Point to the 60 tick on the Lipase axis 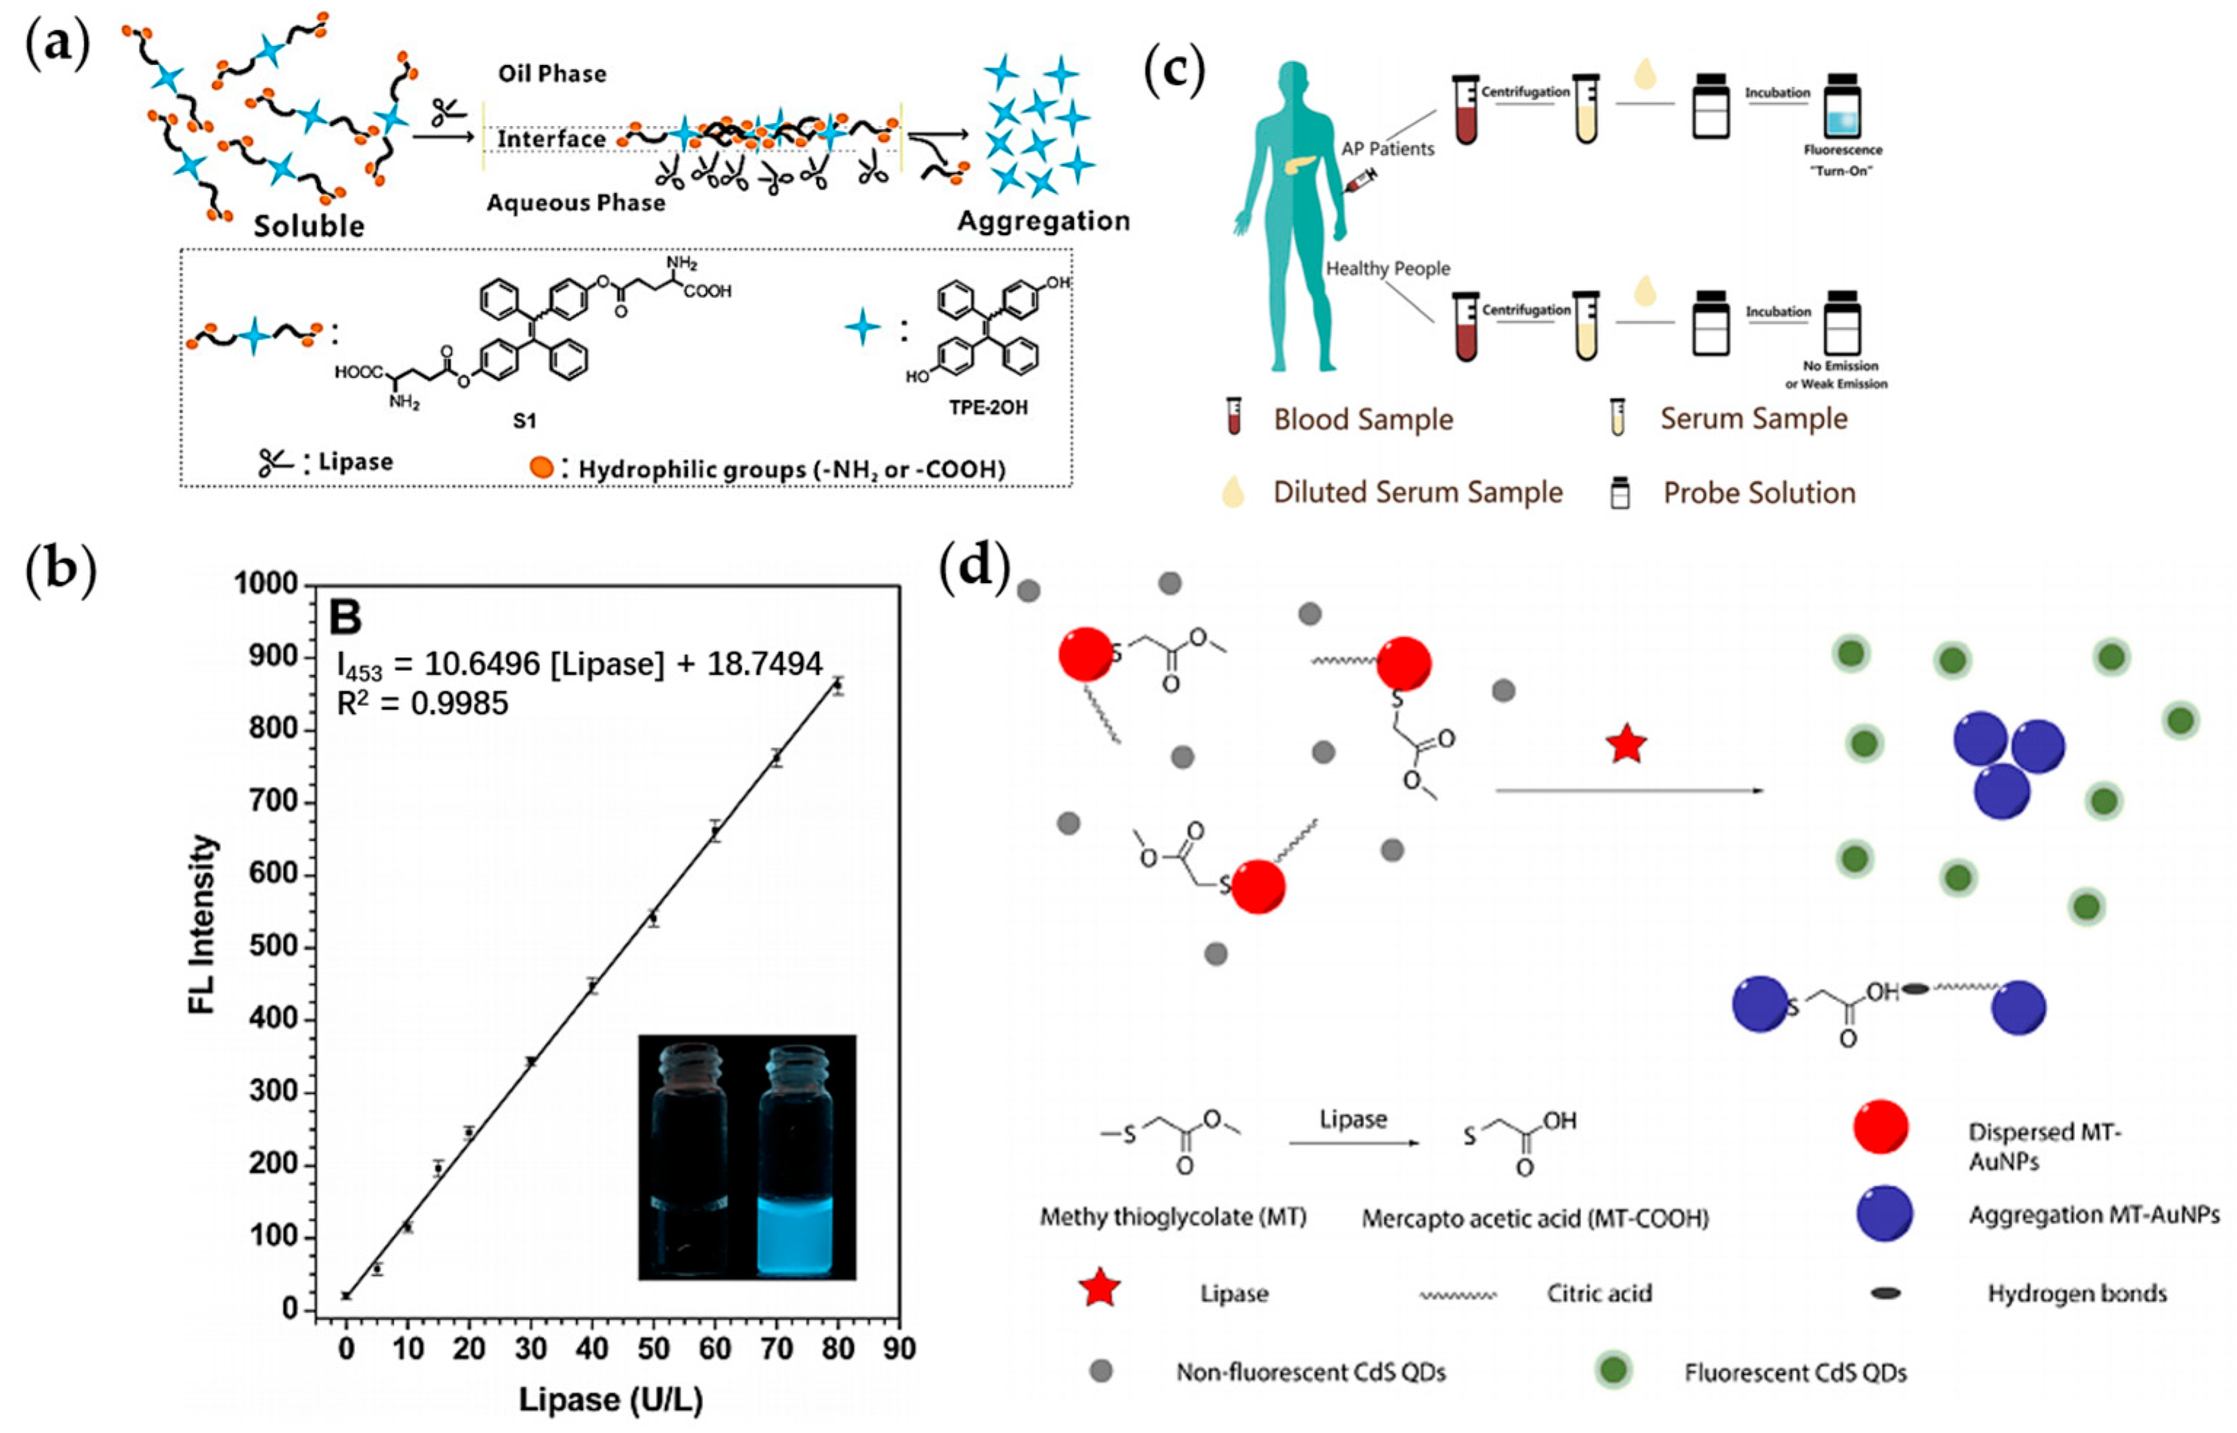click(715, 1349)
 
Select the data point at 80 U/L click(837, 686)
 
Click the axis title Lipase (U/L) click(611, 1400)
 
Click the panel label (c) click(1174, 70)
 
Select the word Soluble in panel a click(309, 226)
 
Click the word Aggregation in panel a click(1043, 221)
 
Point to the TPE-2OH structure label click(989, 408)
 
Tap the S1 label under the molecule click(525, 421)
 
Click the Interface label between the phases click(551, 140)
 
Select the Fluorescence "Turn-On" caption click(1842, 160)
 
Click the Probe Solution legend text click(1759, 493)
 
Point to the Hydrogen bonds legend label click(2077, 1293)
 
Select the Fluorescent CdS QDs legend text click(1795, 1373)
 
